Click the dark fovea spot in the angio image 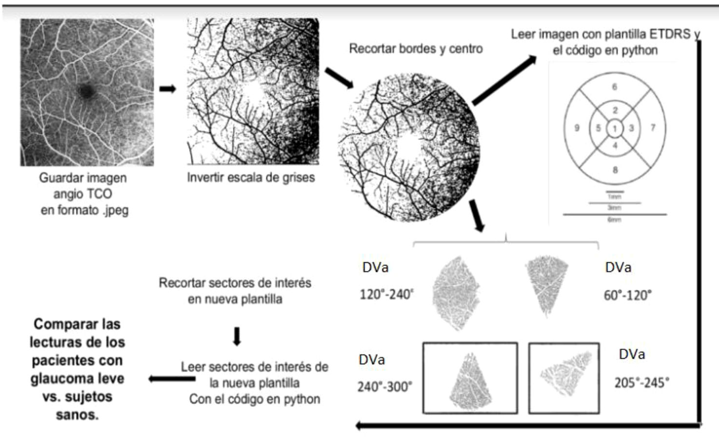[86, 91]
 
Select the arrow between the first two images [168, 89]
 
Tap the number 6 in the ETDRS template [614, 87]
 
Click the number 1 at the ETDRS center [615, 129]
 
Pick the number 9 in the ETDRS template [577, 128]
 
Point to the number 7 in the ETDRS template [653, 128]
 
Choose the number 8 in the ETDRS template [615, 170]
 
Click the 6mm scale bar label [614, 220]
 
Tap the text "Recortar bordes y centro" [416, 49]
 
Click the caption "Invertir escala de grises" [251, 177]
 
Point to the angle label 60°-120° [627, 295]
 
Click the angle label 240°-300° [385, 387]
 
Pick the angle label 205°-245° [641, 383]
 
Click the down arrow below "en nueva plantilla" [237, 336]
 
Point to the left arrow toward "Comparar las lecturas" [165, 378]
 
